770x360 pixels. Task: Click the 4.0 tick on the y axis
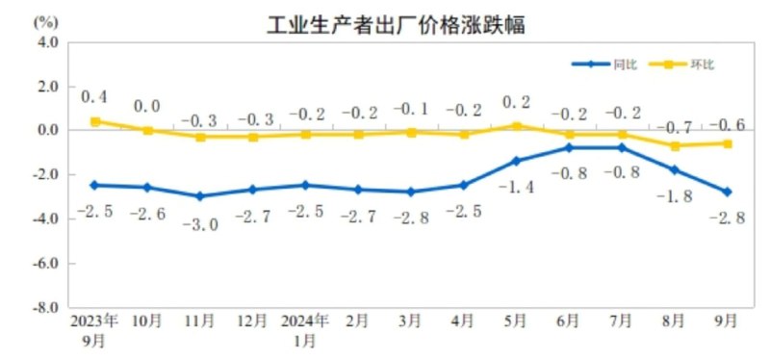click(x=48, y=42)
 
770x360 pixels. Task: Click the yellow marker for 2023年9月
click(x=95, y=121)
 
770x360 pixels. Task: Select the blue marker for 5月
click(x=516, y=161)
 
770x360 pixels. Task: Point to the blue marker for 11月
click(x=200, y=195)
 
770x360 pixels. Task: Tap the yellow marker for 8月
click(x=676, y=146)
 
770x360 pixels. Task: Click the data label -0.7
click(x=680, y=126)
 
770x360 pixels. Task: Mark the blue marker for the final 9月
click(x=728, y=192)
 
